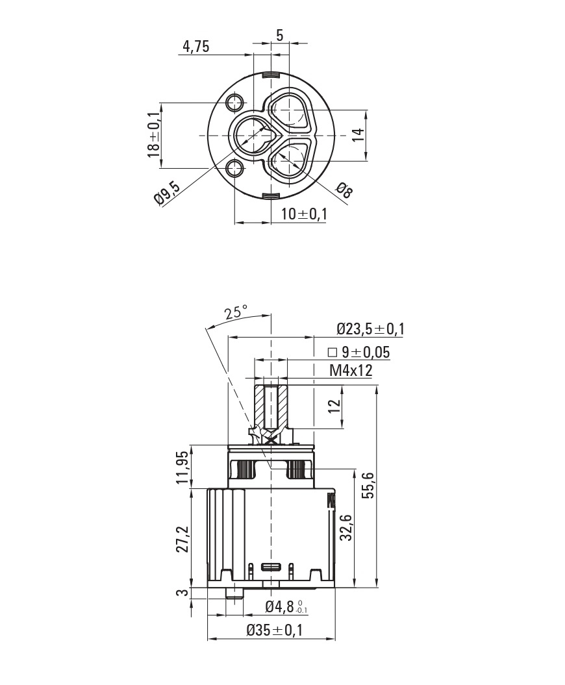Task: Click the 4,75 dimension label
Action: pos(195,47)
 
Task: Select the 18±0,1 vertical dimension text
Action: pos(153,134)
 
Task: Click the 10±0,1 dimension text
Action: pos(304,214)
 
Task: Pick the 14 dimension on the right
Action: pos(358,135)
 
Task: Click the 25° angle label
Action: pos(236,312)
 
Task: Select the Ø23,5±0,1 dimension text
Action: pos(370,329)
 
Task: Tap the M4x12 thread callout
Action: pos(351,370)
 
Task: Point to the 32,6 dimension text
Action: pos(345,527)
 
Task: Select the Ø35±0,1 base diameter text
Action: pos(275,630)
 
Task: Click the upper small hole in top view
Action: pos(235,102)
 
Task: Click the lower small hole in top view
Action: pos(235,169)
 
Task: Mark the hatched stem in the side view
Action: pos(270,406)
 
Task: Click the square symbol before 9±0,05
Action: pos(332,353)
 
